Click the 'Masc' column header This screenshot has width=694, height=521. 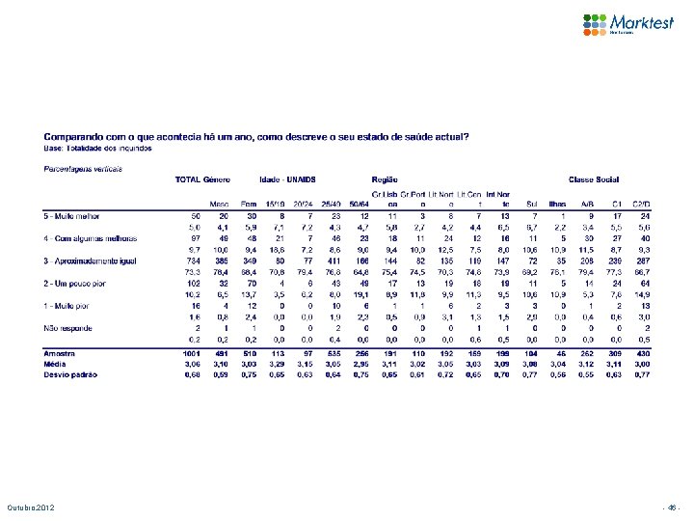pos(220,204)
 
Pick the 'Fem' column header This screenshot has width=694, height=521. pos(249,204)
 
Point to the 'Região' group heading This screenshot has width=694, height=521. pos(383,179)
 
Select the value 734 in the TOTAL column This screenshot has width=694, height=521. pos(193,260)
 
